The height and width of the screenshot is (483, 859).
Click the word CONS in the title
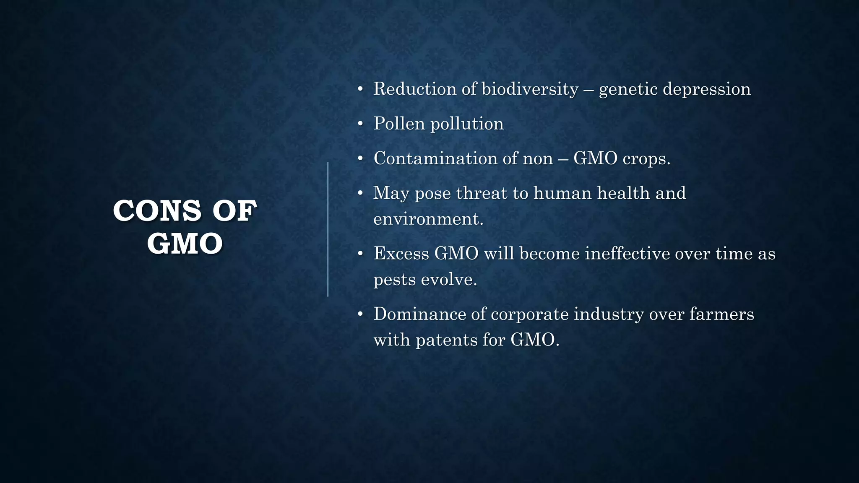pyautogui.click(x=157, y=211)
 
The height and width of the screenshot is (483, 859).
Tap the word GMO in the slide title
pyautogui.click(x=185, y=244)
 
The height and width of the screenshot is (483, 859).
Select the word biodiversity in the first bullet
pyautogui.click(x=530, y=89)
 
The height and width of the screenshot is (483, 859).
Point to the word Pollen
pyautogui.click(x=399, y=124)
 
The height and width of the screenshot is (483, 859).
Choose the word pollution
pyautogui.click(x=467, y=124)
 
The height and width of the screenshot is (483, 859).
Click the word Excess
pyautogui.click(x=401, y=254)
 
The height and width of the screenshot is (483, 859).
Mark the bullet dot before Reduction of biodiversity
pyautogui.click(x=360, y=89)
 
